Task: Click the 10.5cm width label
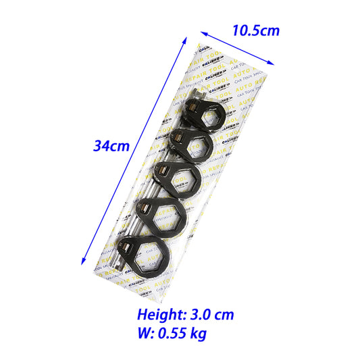click(x=255, y=30)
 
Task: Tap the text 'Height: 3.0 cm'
click(x=186, y=314)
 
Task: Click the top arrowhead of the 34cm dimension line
click(x=184, y=40)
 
